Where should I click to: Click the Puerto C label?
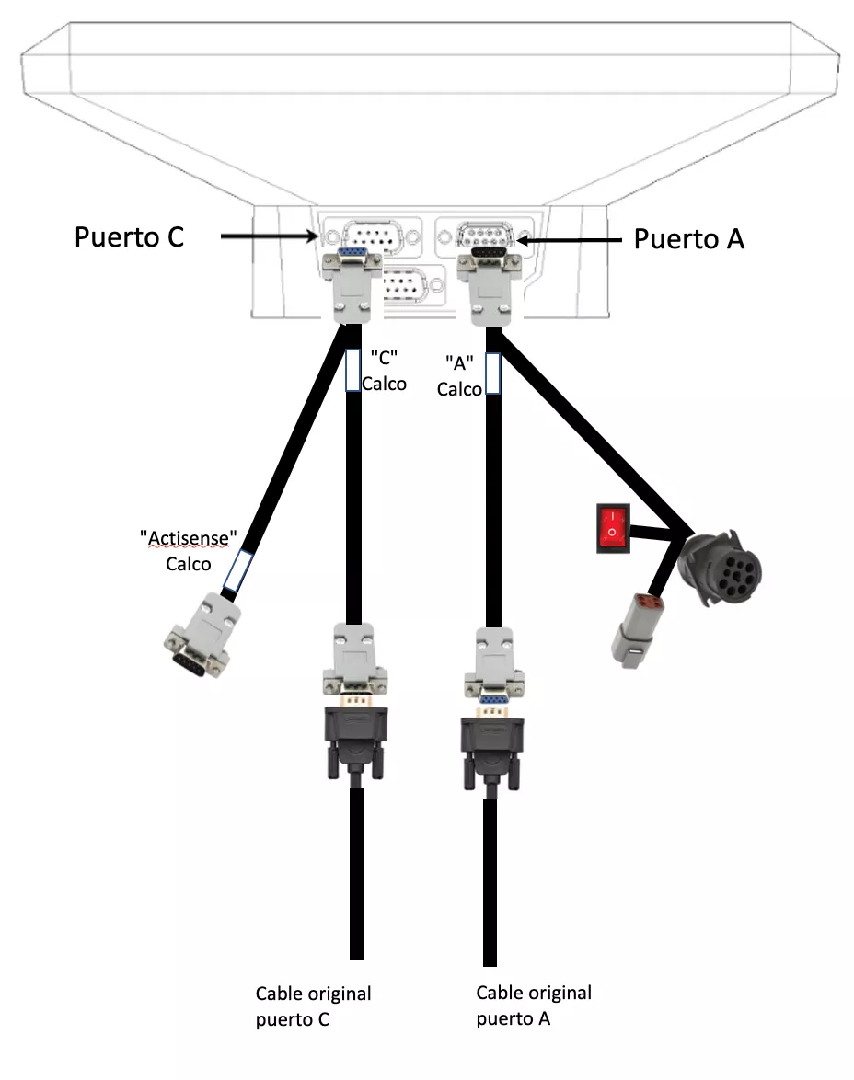129,236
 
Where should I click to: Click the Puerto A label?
689,239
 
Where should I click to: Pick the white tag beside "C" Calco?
352,371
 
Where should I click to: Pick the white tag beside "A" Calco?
492,374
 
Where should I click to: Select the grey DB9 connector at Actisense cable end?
201,638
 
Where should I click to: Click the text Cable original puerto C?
313,1006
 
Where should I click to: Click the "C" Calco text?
383,371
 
